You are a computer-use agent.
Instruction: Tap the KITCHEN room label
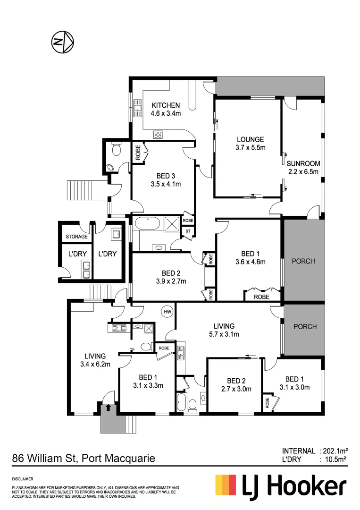click(x=166, y=109)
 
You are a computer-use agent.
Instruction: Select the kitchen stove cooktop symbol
click(x=158, y=135)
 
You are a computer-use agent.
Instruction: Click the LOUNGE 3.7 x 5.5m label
click(x=250, y=144)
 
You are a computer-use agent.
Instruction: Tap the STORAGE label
click(x=76, y=237)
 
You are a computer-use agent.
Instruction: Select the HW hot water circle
click(x=167, y=312)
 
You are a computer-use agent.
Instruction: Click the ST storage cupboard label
click(x=188, y=231)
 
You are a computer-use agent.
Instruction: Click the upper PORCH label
click(x=303, y=261)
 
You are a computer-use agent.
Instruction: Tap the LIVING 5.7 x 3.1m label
click(x=224, y=330)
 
